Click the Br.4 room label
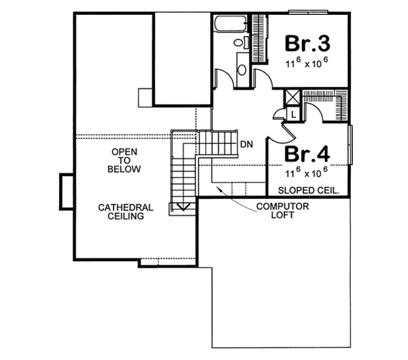307,153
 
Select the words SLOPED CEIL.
309,190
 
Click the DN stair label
247,144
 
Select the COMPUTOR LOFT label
283,211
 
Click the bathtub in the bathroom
229,26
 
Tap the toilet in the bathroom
239,43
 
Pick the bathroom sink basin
242,69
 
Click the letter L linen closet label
291,115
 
